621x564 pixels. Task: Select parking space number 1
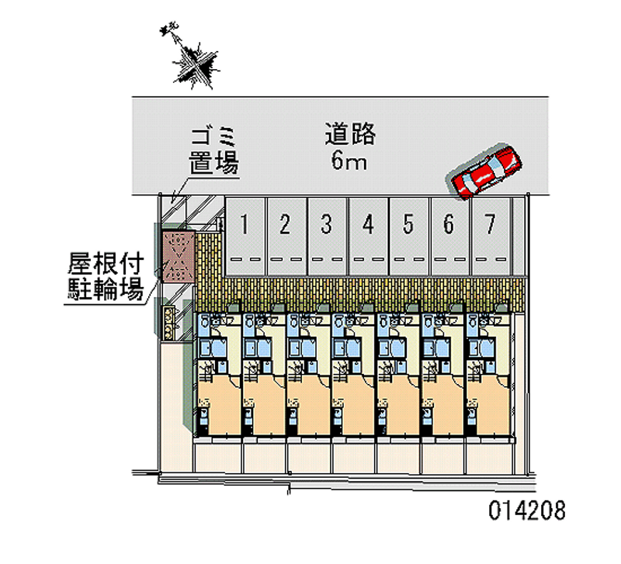coord(245,237)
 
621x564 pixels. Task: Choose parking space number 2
coord(286,237)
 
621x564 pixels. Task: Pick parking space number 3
coord(328,237)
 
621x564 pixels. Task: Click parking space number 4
coord(368,237)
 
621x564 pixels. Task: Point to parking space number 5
coord(410,237)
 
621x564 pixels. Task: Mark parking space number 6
coord(450,237)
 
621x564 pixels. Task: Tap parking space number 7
coord(491,237)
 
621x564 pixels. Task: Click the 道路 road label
coord(350,133)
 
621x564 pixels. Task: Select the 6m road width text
coord(349,161)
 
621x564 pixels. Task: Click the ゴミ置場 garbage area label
coord(213,151)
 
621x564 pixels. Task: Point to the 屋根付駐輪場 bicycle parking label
coord(106,277)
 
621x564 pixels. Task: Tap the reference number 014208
coord(527,510)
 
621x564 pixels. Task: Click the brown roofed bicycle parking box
coord(179,257)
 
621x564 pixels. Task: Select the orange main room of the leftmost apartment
coord(220,404)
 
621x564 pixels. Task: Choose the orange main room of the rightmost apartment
coord(489,404)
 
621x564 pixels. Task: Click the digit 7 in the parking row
coord(491,224)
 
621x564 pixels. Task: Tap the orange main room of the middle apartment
coord(354,404)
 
